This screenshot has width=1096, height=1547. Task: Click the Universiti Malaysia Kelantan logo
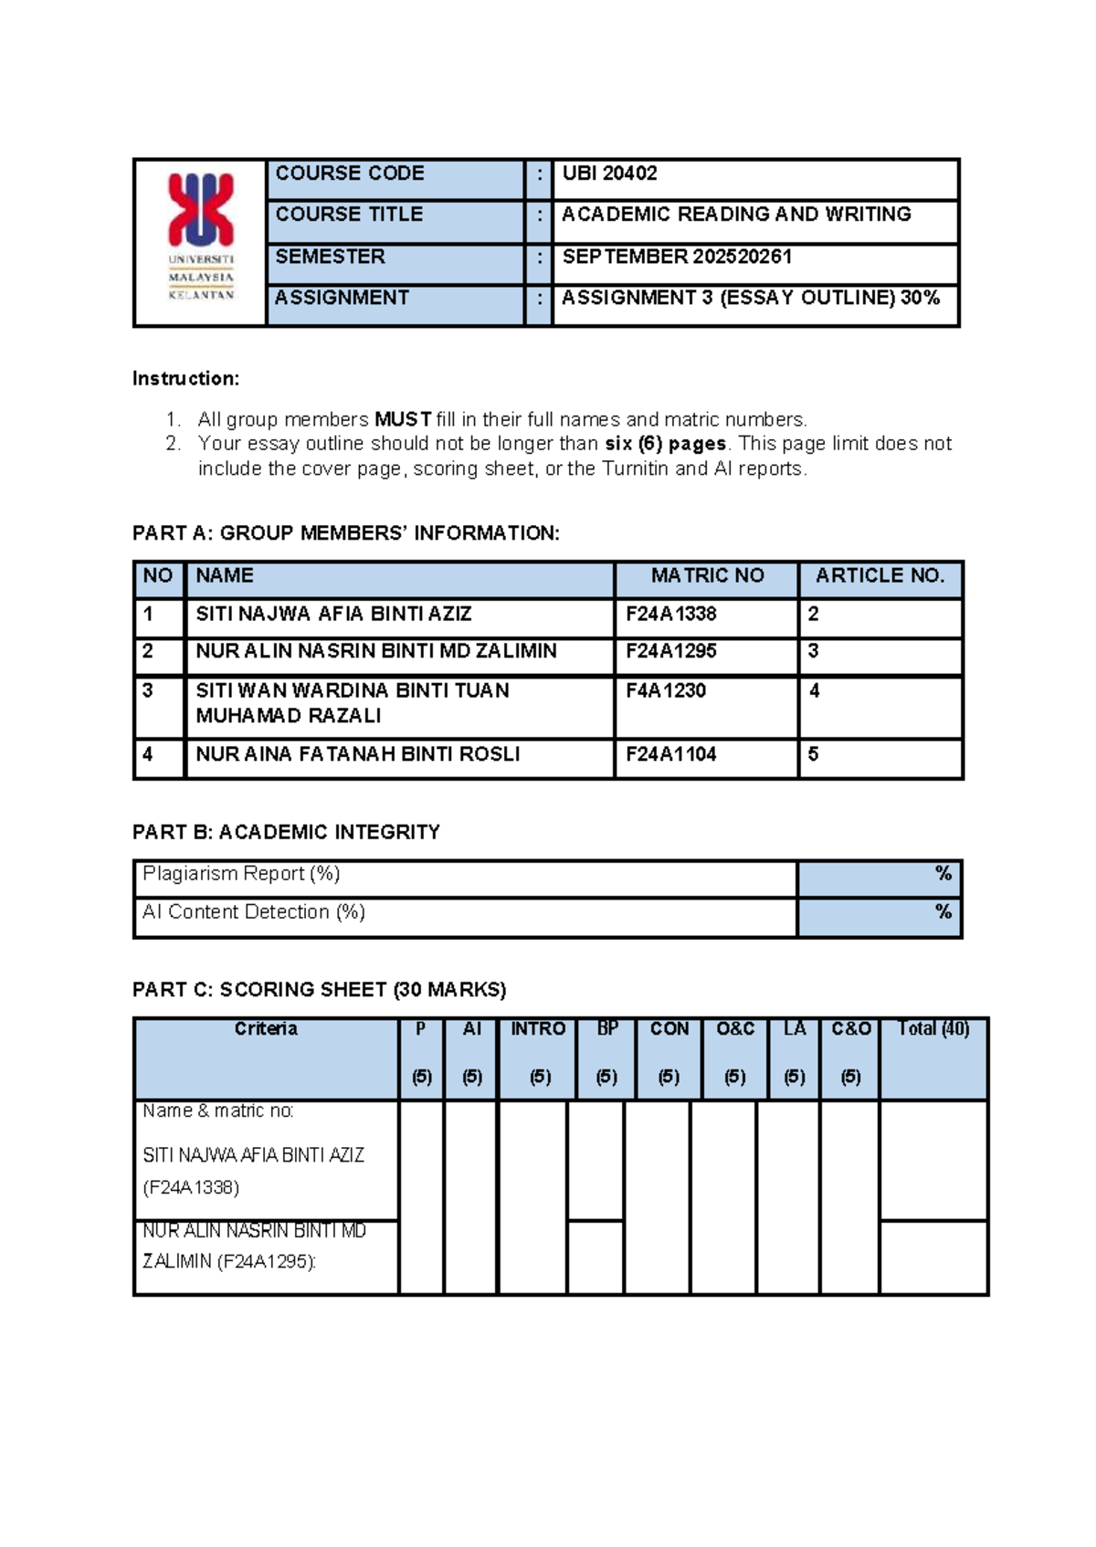click(x=201, y=236)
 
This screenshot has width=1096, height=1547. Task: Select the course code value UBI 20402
click(x=609, y=174)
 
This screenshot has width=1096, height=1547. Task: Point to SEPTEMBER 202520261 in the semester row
click(x=677, y=257)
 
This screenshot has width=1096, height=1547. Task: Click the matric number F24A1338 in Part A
click(x=670, y=614)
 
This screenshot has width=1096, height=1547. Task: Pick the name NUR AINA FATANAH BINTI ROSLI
click(x=357, y=754)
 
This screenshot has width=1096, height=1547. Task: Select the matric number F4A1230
click(x=665, y=690)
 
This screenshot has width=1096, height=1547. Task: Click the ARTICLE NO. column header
click(x=880, y=575)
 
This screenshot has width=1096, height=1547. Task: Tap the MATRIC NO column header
click(x=707, y=575)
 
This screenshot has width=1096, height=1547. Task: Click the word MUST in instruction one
click(x=403, y=419)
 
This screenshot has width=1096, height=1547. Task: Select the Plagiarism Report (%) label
click(x=241, y=874)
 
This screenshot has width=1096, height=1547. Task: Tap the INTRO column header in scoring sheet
click(x=537, y=1029)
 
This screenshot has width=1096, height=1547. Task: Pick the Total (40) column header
click(x=933, y=1029)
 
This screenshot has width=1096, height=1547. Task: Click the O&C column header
click(x=734, y=1029)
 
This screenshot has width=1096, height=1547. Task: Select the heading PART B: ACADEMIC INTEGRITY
click(x=286, y=832)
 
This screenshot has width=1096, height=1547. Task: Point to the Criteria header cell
click(x=266, y=1029)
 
